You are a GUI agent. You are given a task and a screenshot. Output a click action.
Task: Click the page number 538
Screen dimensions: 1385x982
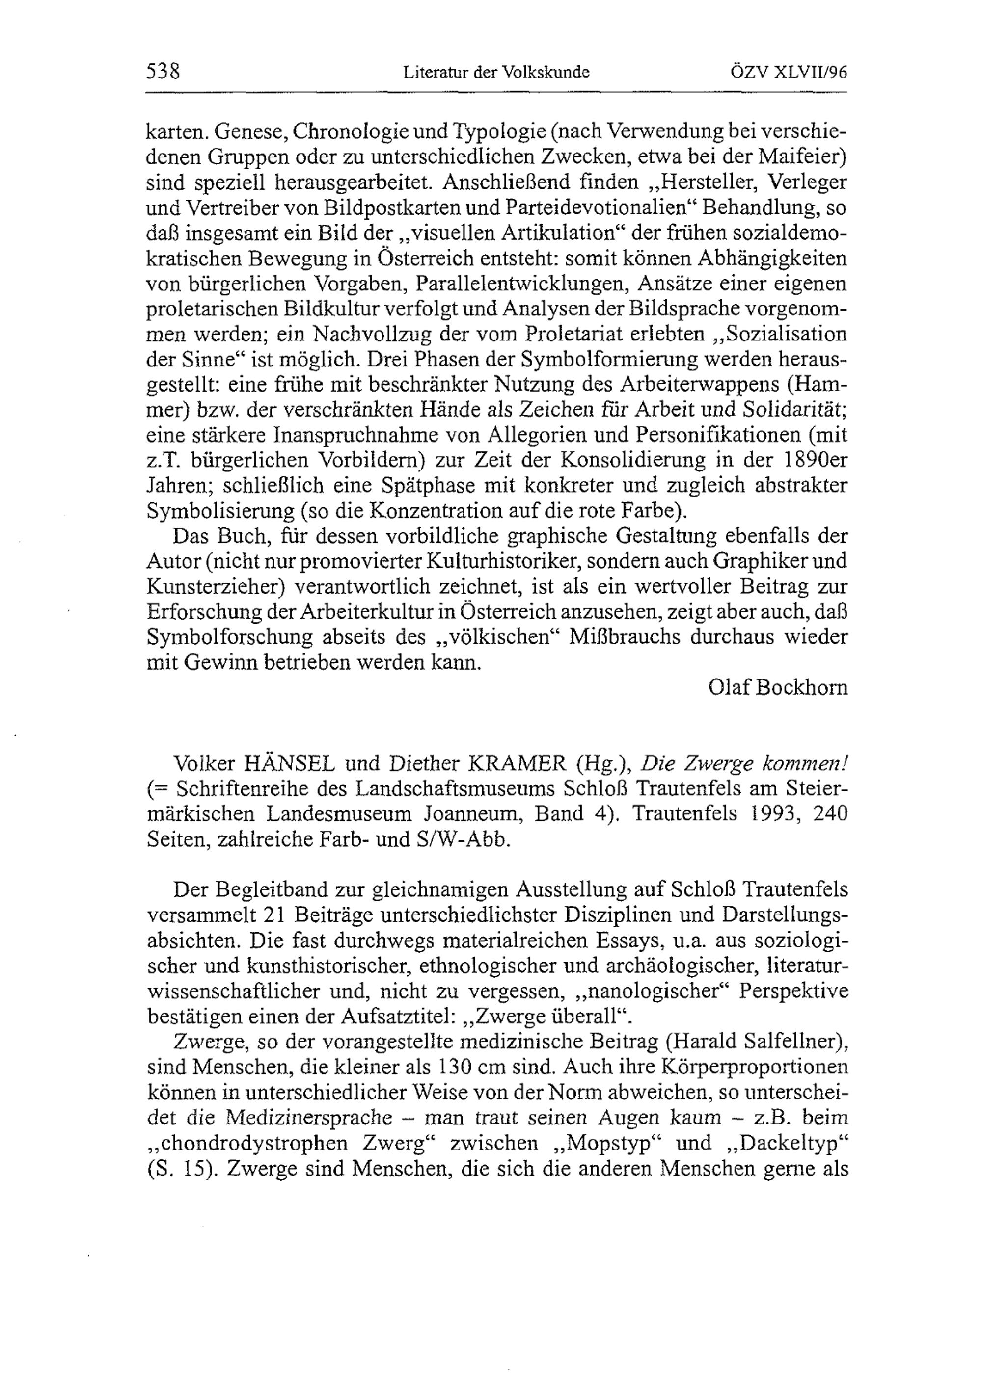point(164,72)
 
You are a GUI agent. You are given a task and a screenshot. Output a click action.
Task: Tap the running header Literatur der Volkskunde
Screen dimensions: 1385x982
point(496,73)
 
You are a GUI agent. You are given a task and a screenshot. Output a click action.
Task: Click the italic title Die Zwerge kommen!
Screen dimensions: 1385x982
point(744,764)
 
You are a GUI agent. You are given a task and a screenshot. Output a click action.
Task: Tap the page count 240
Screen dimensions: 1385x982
point(830,814)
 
